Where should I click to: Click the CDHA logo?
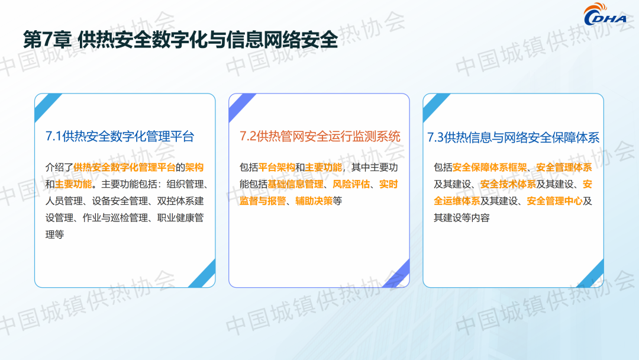(605, 15)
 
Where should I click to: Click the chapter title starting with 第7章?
(180, 40)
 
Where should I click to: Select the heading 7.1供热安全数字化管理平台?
(120, 136)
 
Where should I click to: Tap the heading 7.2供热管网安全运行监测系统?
(320, 136)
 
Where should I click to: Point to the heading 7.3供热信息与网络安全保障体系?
(513, 137)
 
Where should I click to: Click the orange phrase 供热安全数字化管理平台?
(124, 167)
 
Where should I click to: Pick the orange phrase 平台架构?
(277, 167)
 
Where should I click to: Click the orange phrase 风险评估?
(351, 184)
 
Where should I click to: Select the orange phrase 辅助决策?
(314, 201)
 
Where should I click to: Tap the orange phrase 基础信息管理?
(295, 184)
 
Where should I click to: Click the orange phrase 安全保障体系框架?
(489, 167)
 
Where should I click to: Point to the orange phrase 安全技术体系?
(508, 184)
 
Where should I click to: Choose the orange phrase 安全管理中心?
(554, 201)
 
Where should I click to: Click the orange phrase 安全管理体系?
(564, 167)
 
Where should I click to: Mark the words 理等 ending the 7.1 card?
(54, 234)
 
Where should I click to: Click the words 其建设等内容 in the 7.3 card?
(461, 218)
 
